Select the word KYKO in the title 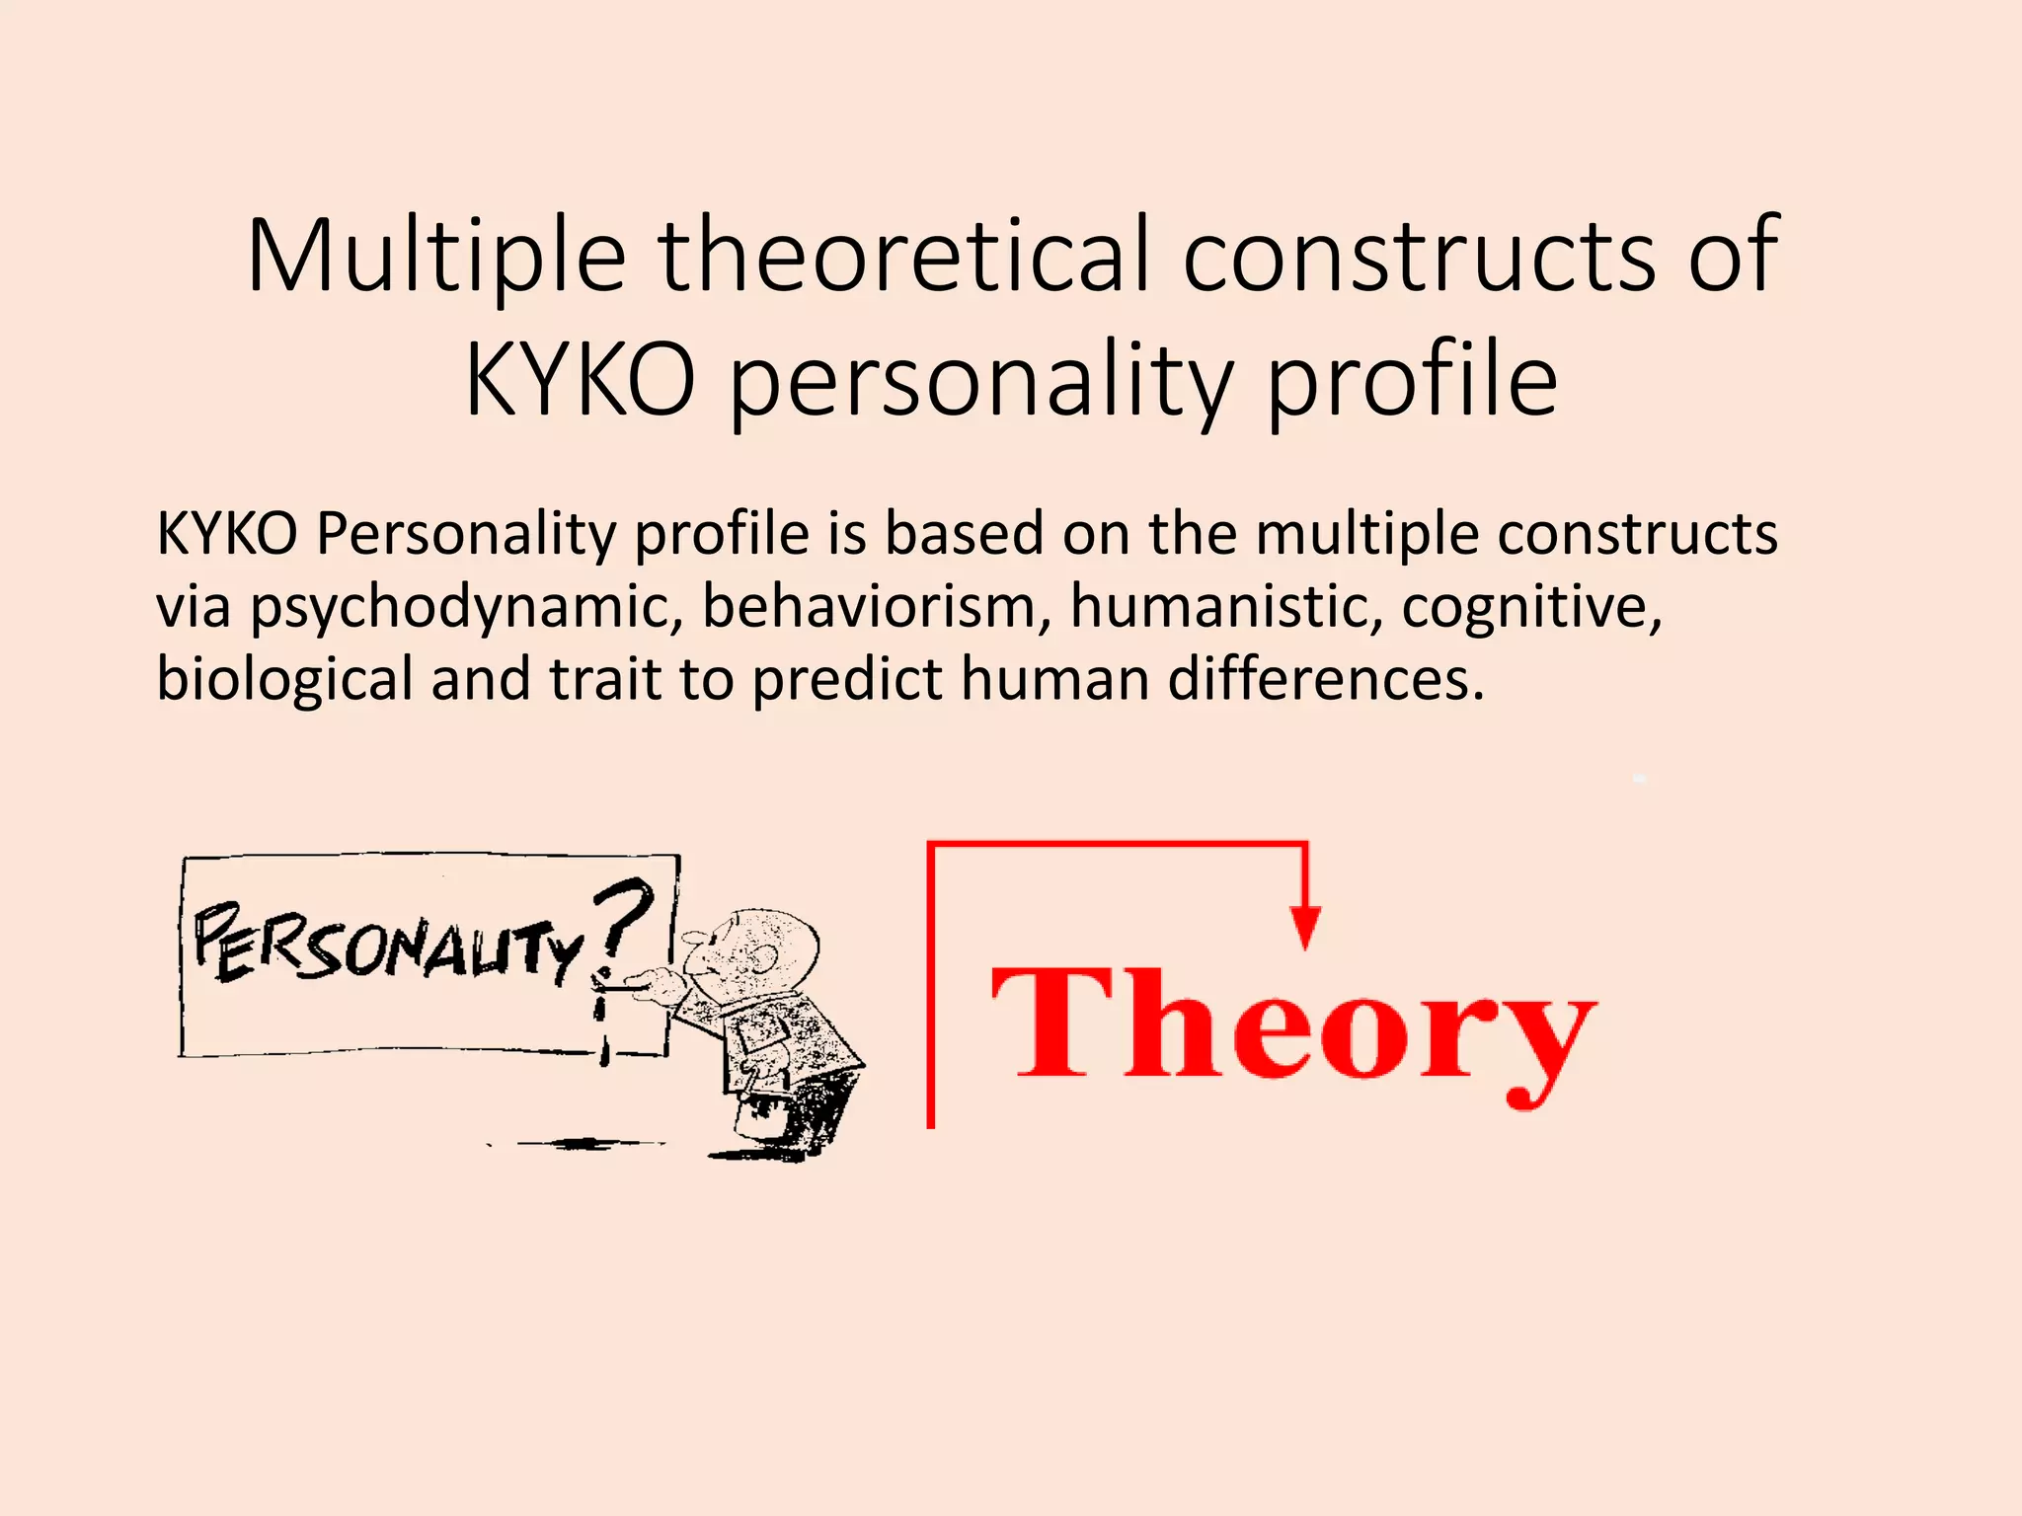581,380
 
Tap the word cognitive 1531,607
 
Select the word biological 284,680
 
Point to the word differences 1326,680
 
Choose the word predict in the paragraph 848,680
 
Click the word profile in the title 1412,380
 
